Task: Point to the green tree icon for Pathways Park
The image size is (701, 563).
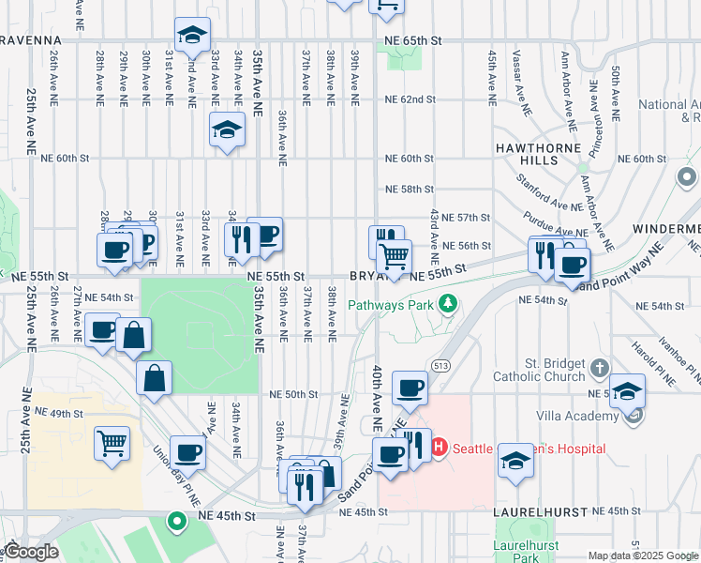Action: pyautogui.click(x=449, y=303)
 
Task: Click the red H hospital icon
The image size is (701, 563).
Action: pyautogui.click(x=439, y=449)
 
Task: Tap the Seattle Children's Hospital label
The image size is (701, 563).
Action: pyautogui.click(x=529, y=449)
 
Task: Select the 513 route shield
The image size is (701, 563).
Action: pyautogui.click(x=440, y=365)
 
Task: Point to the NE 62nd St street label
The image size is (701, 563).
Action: pyautogui.click(x=410, y=99)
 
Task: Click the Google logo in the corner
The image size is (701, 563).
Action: pyautogui.click(x=31, y=552)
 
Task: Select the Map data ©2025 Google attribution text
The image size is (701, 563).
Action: pyautogui.click(x=643, y=555)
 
